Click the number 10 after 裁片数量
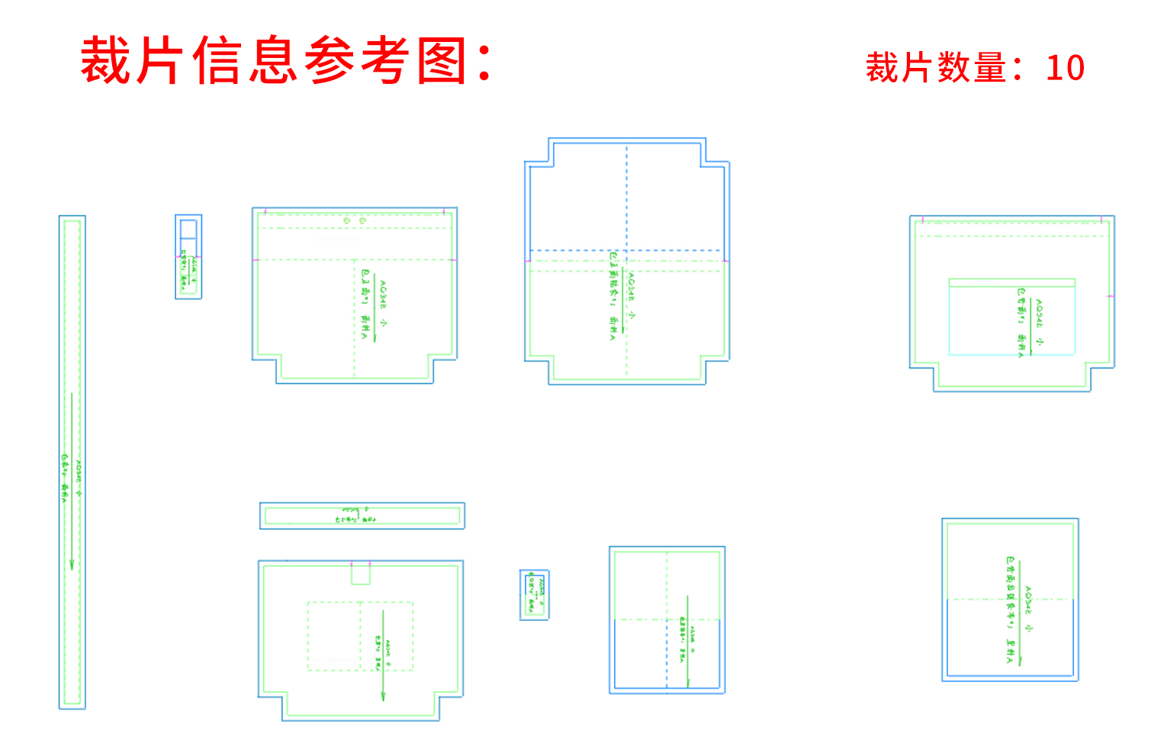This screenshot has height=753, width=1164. click(x=1065, y=68)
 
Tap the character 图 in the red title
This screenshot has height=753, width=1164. click(x=442, y=61)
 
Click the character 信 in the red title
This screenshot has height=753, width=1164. click(x=217, y=61)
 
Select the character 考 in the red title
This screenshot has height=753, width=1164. click(x=386, y=61)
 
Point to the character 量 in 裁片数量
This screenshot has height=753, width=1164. click(x=991, y=68)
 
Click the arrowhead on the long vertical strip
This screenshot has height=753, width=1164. click(x=72, y=564)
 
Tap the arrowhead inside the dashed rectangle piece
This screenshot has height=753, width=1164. click(x=383, y=695)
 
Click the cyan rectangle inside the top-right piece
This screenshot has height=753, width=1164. click(x=1011, y=317)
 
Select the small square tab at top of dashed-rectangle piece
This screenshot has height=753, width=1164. click(x=361, y=573)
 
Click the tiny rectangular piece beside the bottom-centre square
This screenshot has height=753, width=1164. click(x=534, y=594)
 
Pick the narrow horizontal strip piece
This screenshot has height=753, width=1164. click(x=362, y=516)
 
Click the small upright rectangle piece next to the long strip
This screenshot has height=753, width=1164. click(x=188, y=256)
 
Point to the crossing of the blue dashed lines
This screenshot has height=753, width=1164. click(x=627, y=250)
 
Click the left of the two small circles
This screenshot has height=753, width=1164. click(x=346, y=220)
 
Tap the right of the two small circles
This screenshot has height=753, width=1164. click(x=362, y=220)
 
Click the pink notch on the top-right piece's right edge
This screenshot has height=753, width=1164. click(x=1111, y=296)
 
